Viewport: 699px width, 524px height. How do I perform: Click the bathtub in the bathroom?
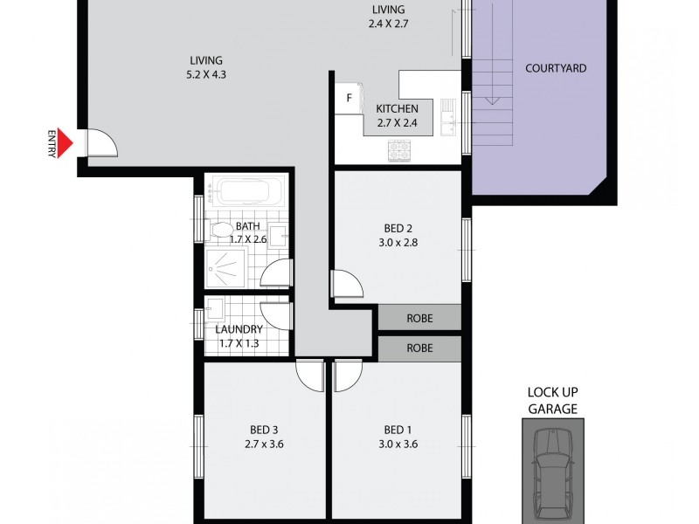click(248, 191)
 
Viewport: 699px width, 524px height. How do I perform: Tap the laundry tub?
click(216, 310)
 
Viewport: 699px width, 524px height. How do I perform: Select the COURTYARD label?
click(555, 68)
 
